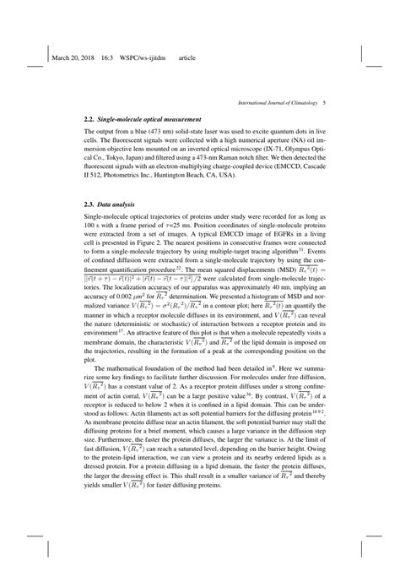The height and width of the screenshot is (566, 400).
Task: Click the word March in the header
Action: [63, 59]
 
